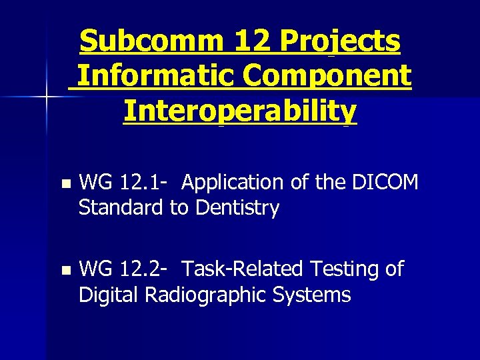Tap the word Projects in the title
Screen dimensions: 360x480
(340, 41)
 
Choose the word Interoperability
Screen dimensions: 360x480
(240, 111)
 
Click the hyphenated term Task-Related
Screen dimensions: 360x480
(243, 269)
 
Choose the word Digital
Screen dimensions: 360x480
(109, 295)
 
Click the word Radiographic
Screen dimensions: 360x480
(203, 295)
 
